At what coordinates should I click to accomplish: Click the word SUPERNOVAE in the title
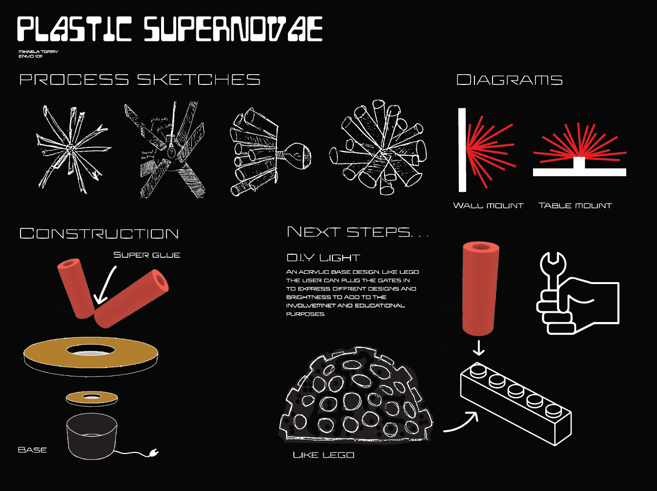coord(233,29)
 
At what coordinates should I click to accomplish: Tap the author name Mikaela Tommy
coord(38,51)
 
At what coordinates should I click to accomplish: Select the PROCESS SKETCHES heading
coord(140,80)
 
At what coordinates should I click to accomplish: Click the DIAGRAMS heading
coord(509,80)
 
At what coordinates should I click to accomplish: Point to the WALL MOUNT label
coord(488,205)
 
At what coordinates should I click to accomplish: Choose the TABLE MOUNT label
coord(575,205)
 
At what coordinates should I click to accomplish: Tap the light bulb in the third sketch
coord(296,155)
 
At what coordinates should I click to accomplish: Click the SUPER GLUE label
coord(146,255)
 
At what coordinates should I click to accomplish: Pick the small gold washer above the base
coord(92,398)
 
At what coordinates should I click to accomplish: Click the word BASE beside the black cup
coord(32,450)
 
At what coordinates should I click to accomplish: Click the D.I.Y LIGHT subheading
coord(323,257)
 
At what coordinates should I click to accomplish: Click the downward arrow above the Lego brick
coord(479,348)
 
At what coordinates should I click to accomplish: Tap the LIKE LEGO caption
coord(323,455)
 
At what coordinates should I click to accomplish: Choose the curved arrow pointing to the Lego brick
coord(461,423)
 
